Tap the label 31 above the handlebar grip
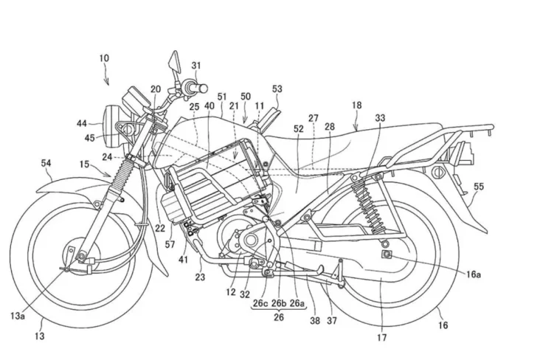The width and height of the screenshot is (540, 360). tap(195, 66)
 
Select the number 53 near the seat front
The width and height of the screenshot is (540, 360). tap(277, 89)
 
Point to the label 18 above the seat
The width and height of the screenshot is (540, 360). tap(357, 106)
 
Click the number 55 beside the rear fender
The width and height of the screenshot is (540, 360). tap(479, 187)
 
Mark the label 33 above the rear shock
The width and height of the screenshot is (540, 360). tap(379, 117)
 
